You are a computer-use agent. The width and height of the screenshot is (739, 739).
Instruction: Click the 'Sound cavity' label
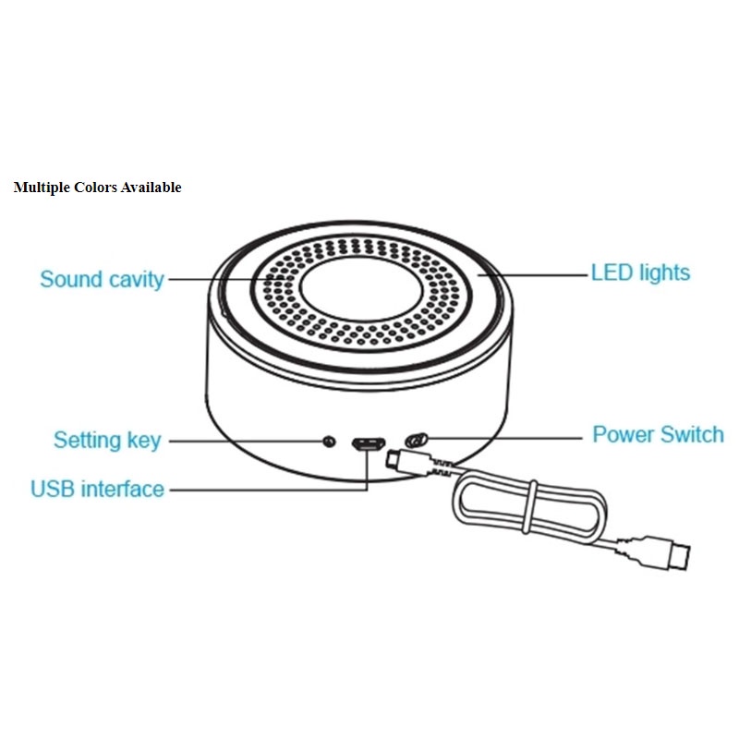pos(102,278)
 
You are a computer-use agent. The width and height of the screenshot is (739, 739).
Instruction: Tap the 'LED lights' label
pos(640,273)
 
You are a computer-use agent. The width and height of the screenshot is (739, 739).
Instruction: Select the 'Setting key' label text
pos(106,440)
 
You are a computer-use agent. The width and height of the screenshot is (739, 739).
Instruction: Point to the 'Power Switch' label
pos(658,434)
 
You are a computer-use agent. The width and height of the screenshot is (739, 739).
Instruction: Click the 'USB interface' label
pos(97,489)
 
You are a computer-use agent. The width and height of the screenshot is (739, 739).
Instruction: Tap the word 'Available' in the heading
pos(151,188)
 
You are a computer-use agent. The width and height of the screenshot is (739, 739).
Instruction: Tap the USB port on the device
pos(367,442)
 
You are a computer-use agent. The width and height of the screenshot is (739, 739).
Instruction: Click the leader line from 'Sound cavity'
pos(222,278)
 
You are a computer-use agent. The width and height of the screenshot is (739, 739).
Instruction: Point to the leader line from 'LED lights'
pos(545,273)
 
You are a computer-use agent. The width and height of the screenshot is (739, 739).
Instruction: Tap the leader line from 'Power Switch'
pos(503,435)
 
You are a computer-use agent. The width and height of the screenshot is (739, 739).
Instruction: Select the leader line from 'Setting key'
pos(245,441)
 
